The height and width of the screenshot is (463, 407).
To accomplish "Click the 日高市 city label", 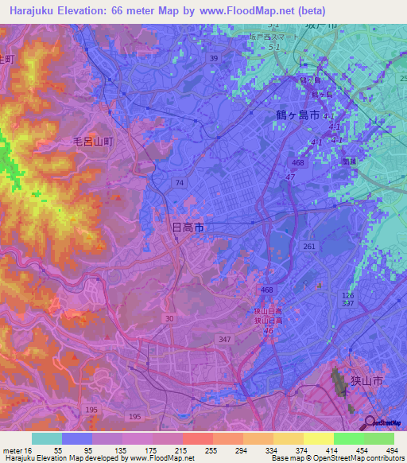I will [188, 228].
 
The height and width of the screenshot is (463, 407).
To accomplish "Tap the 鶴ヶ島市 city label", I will [292, 115].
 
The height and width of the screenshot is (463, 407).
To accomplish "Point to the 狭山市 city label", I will [366, 382].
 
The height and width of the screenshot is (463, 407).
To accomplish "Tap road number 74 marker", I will [179, 183].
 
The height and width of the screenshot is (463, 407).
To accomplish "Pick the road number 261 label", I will [309, 247].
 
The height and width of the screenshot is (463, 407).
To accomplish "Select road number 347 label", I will [225, 339].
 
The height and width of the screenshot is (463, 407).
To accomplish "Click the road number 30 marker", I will [169, 318].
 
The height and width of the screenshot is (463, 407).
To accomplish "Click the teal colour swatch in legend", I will [47, 438].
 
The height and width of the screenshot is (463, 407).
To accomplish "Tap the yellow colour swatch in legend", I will [319, 438].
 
